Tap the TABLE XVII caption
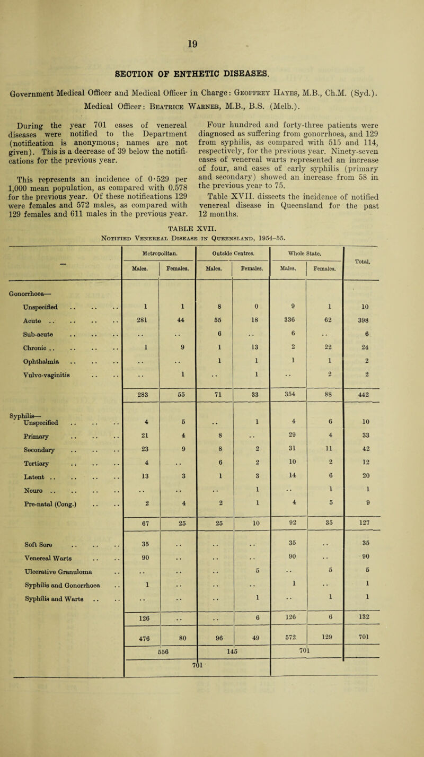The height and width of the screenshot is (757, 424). (x=212, y=196)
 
